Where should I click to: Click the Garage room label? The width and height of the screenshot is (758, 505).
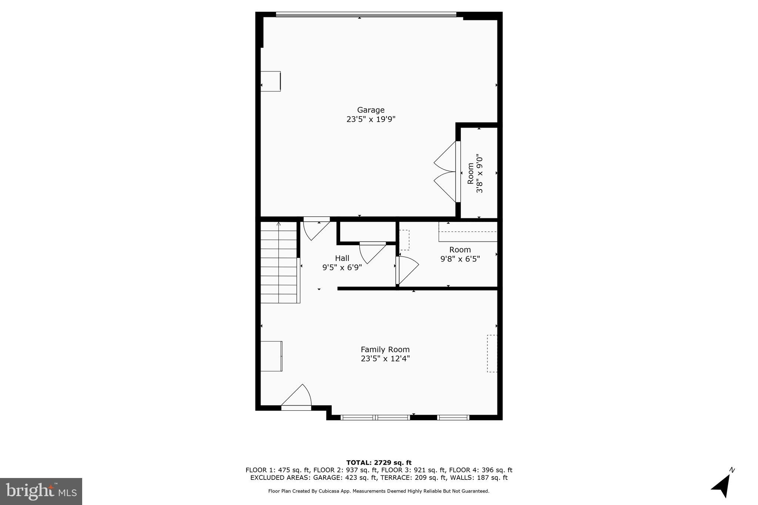click(370, 110)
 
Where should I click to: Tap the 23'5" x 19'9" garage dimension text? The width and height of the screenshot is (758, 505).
click(371, 119)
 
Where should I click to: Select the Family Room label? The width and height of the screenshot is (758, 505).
click(385, 349)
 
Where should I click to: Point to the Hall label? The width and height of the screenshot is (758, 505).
click(342, 258)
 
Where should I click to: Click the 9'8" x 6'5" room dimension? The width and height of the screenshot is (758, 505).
click(460, 259)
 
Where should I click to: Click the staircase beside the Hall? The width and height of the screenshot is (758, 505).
click(279, 262)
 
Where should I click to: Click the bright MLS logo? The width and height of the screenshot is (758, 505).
click(41, 491)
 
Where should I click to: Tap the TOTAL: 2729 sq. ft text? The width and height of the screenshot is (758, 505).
click(379, 462)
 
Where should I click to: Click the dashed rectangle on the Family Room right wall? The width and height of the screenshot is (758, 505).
click(492, 353)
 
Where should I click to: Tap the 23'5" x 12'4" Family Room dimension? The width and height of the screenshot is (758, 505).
click(385, 358)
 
